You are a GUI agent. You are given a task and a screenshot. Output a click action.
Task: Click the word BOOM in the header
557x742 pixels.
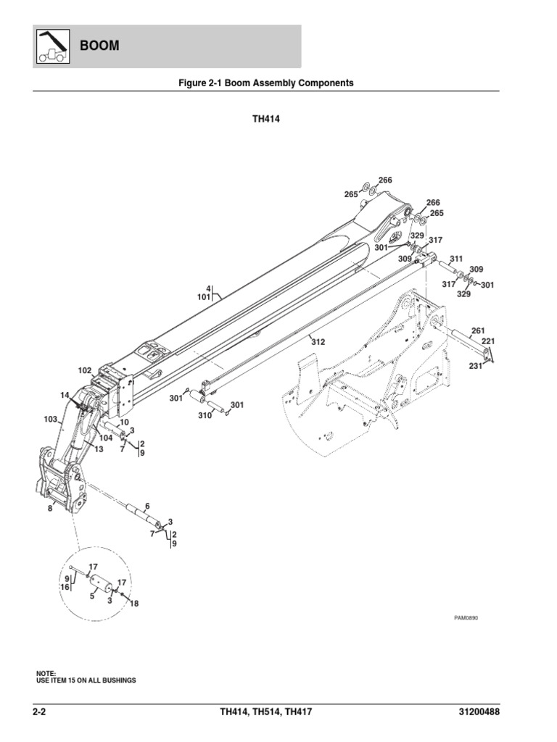(x=99, y=46)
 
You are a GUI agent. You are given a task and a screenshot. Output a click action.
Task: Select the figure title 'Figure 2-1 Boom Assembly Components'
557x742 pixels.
(x=266, y=83)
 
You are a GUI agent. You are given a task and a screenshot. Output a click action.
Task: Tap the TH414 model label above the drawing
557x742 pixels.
(x=266, y=120)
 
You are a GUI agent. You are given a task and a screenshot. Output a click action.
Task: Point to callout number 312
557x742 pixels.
(x=318, y=341)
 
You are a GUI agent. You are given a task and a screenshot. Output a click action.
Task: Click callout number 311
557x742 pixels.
(x=455, y=259)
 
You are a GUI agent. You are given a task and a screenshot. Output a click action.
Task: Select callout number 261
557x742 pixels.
(x=478, y=330)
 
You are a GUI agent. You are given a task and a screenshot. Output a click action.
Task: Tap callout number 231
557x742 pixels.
(x=475, y=366)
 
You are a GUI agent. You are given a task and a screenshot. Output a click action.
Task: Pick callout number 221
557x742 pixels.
(x=488, y=341)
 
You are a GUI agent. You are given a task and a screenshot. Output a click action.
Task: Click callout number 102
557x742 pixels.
(x=85, y=370)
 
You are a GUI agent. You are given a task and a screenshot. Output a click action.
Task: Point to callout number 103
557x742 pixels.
(x=50, y=419)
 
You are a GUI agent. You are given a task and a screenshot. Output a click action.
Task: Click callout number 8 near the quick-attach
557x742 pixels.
(x=49, y=509)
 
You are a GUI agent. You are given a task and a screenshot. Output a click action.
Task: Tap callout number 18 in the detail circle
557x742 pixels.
(x=133, y=603)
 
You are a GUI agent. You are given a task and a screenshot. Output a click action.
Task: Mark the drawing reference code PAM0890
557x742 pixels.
(x=467, y=618)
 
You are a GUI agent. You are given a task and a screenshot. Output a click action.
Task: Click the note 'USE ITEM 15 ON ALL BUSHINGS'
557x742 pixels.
(x=86, y=681)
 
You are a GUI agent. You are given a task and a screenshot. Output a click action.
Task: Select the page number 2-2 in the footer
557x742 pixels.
(x=44, y=712)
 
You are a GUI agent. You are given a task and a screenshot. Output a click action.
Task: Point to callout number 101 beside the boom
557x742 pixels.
(x=203, y=296)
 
